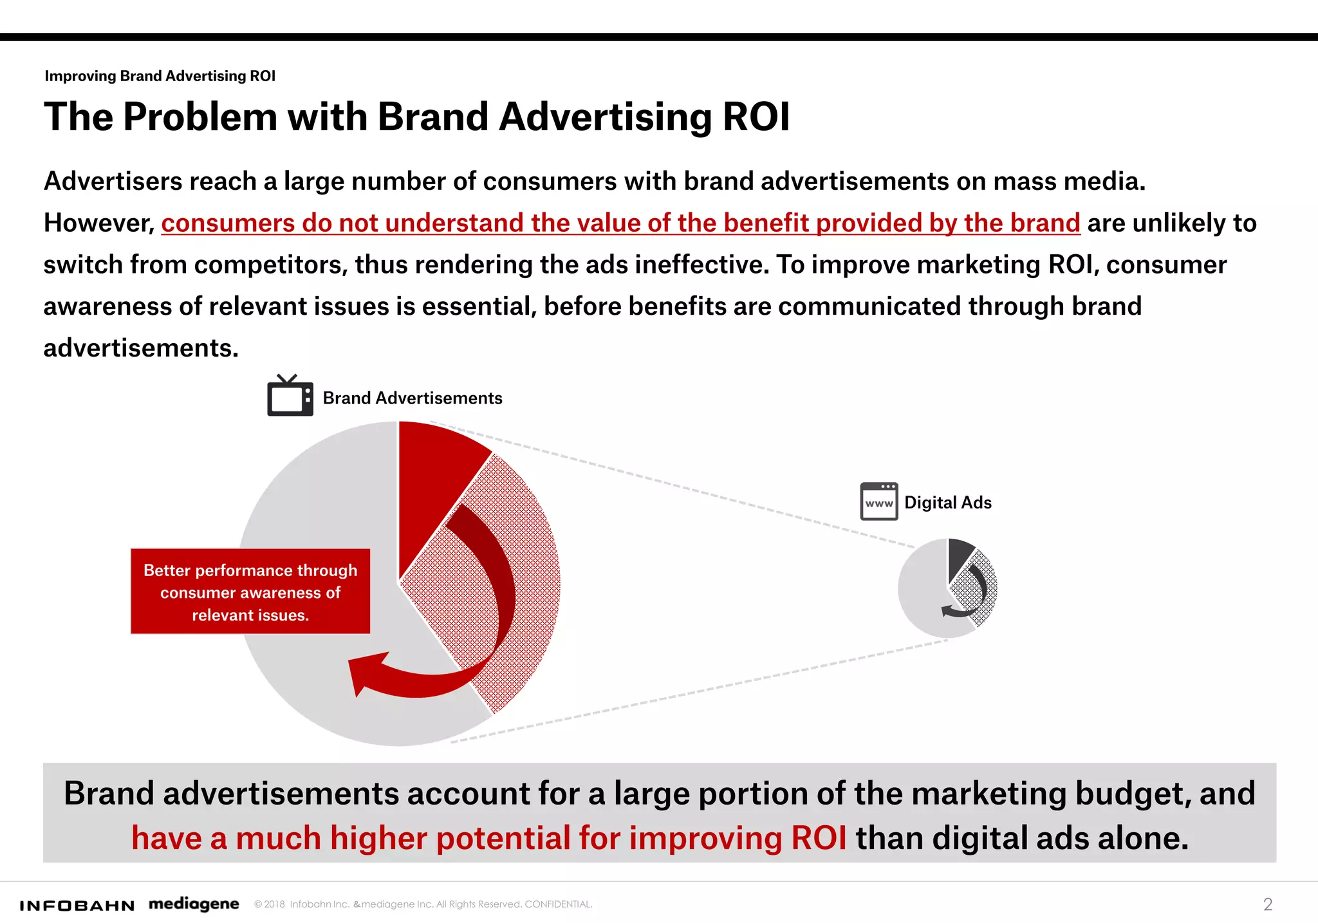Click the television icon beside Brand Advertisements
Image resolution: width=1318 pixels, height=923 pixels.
[x=290, y=396]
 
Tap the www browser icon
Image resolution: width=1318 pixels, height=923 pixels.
[x=879, y=501]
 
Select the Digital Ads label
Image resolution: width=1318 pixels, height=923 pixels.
[x=948, y=503]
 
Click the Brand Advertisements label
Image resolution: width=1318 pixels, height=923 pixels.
[x=413, y=398]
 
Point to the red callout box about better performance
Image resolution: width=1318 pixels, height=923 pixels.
[x=250, y=592]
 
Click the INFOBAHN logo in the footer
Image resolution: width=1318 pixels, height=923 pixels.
[x=77, y=906]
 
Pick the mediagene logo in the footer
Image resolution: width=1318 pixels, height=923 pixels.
[x=194, y=904]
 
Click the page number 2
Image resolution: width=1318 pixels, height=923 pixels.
[x=1267, y=904]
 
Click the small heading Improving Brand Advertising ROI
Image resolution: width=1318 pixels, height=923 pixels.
[x=160, y=76]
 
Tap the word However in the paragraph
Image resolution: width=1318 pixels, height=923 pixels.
[x=98, y=223]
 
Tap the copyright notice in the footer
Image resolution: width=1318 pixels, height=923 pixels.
[x=423, y=904]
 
